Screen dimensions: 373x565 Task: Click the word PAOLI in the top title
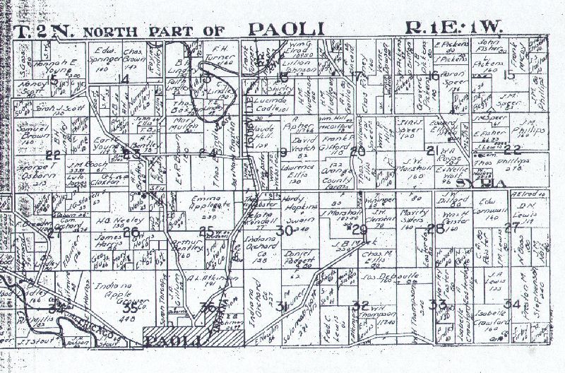pos(286,29)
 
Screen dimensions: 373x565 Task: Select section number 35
pos(129,308)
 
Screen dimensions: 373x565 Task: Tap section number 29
pos(359,230)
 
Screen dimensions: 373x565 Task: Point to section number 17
pos(357,76)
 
